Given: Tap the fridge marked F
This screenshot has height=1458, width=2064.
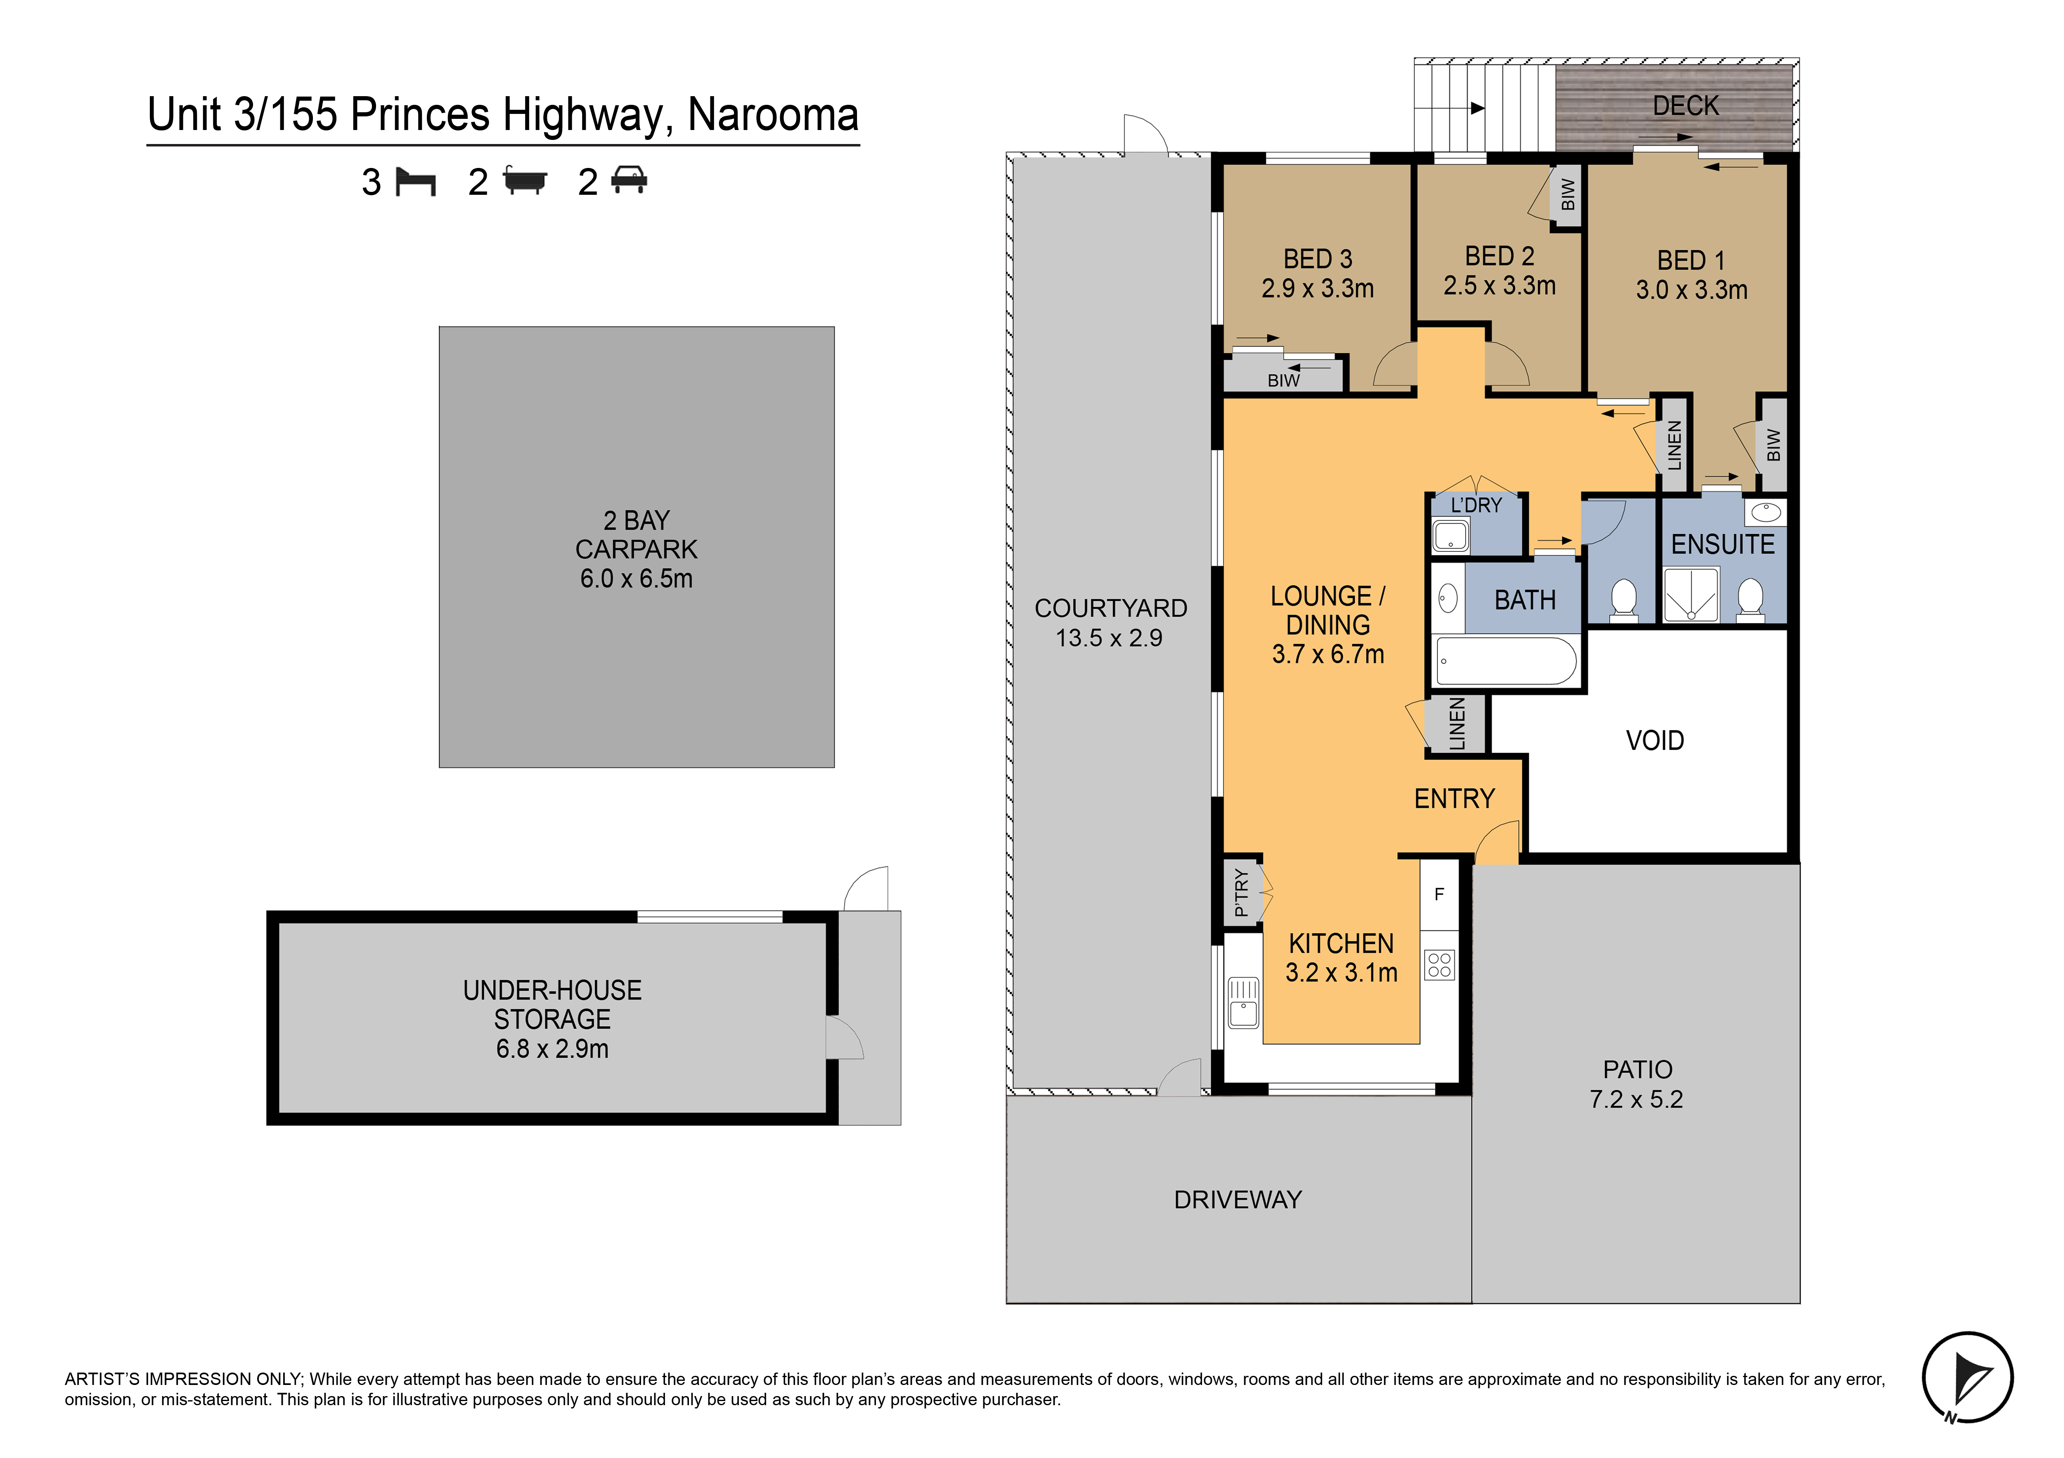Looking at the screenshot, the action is tap(1439, 894).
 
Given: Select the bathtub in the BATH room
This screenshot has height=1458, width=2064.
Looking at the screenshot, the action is tap(1506, 662).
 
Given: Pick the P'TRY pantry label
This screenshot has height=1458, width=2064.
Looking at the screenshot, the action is tap(1241, 893).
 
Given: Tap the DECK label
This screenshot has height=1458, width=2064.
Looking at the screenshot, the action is tap(1685, 106).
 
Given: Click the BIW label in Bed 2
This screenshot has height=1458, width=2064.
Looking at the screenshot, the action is tap(1568, 193).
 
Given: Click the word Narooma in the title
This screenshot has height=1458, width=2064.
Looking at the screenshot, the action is tap(773, 115).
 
